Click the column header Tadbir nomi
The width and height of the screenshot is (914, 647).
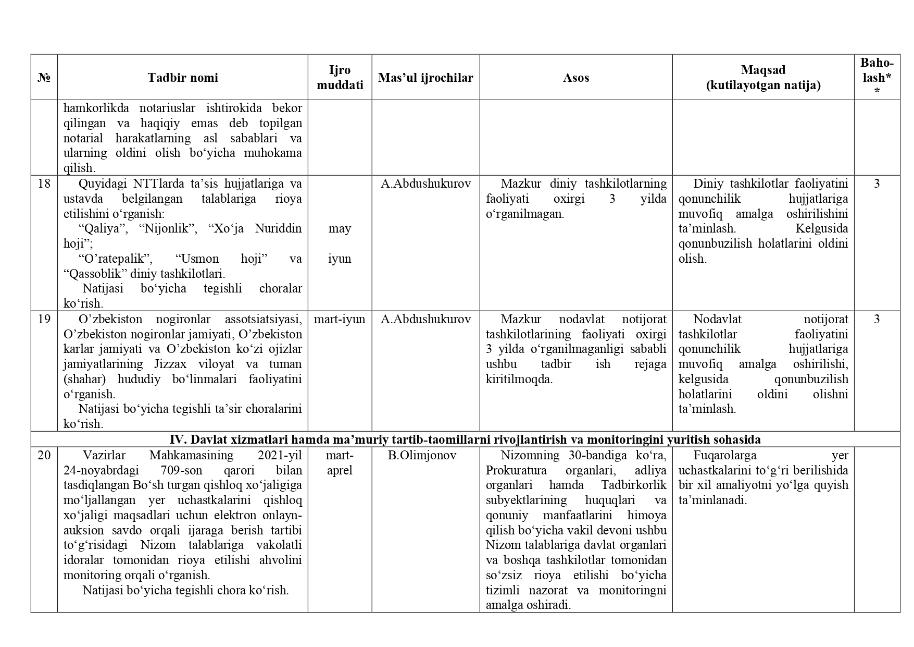pyautogui.click(x=182, y=78)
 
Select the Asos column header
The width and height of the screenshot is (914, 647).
pyautogui.click(x=575, y=78)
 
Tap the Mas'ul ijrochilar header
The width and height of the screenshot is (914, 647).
pyautogui.click(x=425, y=78)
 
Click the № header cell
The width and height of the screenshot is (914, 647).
pyautogui.click(x=44, y=78)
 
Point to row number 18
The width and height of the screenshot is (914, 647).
pyautogui.click(x=44, y=184)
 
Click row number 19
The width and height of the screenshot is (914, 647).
pyautogui.click(x=44, y=319)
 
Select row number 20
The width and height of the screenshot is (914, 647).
pyautogui.click(x=44, y=455)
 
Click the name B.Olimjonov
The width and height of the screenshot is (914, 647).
pyautogui.click(x=422, y=455)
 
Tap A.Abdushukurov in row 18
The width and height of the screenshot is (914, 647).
pyautogui.click(x=425, y=184)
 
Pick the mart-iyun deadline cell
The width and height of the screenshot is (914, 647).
pyautogui.click(x=340, y=319)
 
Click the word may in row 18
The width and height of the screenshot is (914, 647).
pyautogui.click(x=340, y=228)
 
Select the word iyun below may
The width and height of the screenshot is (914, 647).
pyautogui.click(x=340, y=259)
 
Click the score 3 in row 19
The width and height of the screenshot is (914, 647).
pyautogui.click(x=877, y=319)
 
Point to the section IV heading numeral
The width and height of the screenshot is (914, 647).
pyautogui.click(x=176, y=440)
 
